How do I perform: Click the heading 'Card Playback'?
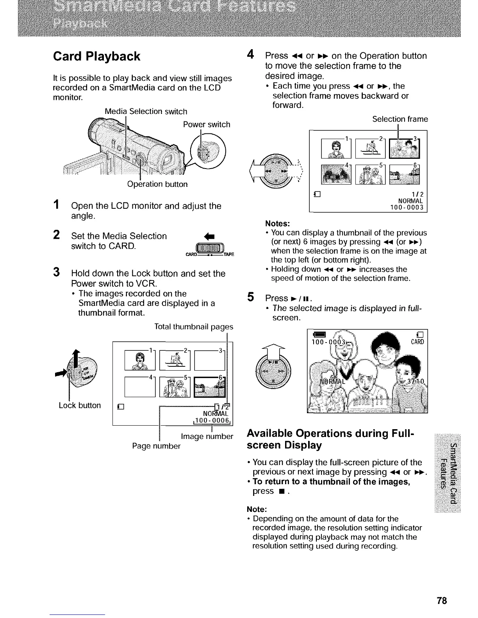point(96,57)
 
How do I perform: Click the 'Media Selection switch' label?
point(146,112)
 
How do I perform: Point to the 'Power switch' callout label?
point(207,124)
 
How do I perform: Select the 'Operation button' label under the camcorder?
point(157,184)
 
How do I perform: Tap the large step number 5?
point(250,297)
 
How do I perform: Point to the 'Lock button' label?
point(80,405)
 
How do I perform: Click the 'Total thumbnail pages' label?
point(194,326)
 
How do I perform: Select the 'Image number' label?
point(207,436)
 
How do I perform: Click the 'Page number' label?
point(156,446)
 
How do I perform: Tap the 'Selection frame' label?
point(400,119)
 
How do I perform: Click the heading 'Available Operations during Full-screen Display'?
point(331,439)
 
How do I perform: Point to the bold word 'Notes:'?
point(277,224)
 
